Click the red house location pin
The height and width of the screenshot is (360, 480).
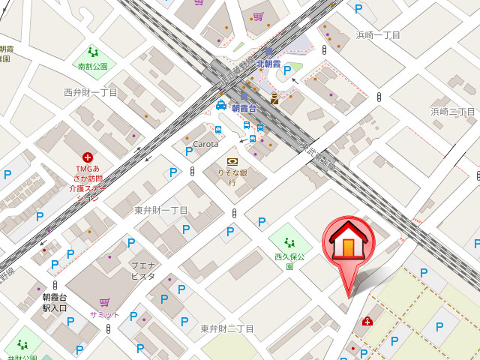click(x=347, y=245)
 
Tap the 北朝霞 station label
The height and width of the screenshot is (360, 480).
click(x=268, y=64)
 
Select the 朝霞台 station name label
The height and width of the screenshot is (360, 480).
click(x=244, y=108)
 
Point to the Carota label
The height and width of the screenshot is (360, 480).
click(x=205, y=144)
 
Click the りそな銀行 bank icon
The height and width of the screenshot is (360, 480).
click(x=232, y=162)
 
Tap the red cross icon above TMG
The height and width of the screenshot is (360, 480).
click(x=88, y=157)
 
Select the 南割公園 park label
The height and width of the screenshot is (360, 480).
click(x=93, y=66)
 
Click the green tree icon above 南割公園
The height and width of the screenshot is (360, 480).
click(x=93, y=52)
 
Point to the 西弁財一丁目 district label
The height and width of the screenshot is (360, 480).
click(x=91, y=92)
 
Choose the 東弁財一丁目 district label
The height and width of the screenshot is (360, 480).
click(x=161, y=210)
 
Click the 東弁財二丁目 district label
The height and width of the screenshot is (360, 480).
click(x=227, y=328)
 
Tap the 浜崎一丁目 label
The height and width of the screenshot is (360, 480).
click(x=378, y=35)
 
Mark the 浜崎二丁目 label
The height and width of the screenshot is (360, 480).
click(x=453, y=112)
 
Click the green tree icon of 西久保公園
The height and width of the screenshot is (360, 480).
click(x=289, y=242)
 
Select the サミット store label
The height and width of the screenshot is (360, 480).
click(x=104, y=314)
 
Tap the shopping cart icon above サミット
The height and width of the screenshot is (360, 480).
click(x=104, y=302)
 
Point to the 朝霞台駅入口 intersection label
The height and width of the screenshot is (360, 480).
click(x=54, y=302)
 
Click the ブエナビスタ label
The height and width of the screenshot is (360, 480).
click(x=142, y=271)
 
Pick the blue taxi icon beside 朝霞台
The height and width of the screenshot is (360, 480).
click(x=221, y=106)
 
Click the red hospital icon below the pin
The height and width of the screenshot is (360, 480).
click(x=367, y=322)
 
